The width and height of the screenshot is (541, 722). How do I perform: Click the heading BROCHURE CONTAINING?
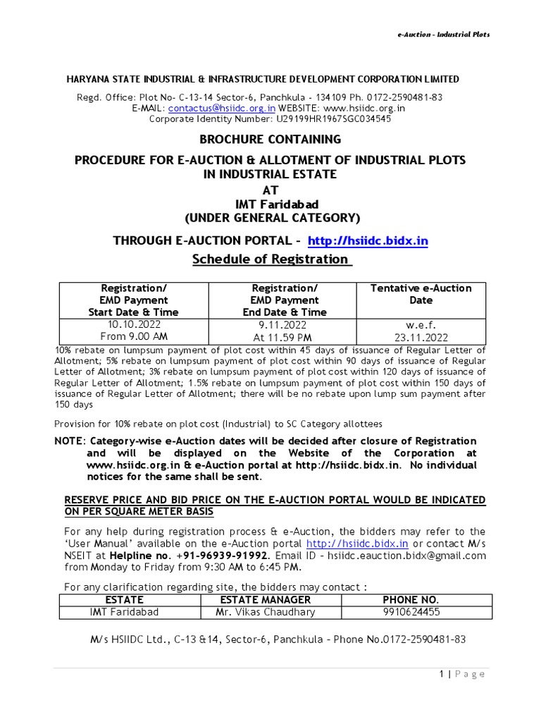point(270,140)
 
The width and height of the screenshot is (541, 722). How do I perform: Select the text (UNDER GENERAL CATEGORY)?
point(271,216)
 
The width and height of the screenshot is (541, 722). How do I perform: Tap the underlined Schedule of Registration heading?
point(270,259)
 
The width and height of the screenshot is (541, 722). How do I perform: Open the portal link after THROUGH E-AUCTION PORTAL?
point(368,241)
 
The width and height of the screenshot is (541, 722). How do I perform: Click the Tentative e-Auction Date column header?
point(421,294)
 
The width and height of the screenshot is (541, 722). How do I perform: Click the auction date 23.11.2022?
point(421,337)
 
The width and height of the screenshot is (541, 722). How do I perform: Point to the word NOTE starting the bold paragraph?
point(69,441)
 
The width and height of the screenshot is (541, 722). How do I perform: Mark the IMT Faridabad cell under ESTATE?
point(124,612)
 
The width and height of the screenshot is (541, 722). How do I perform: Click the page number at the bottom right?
point(441,675)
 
